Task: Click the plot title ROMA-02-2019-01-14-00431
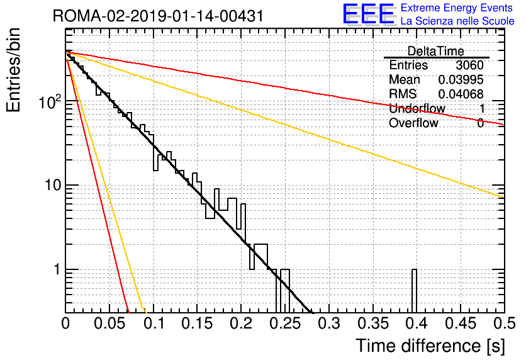(x=158, y=16)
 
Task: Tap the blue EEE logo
(x=368, y=14)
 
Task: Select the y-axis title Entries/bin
(x=13, y=70)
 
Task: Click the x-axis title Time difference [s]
(x=430, y=346)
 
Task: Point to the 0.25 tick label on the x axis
(x=286, y=323)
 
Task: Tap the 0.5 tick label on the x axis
(x=504, y=323)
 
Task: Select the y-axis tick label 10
(x=53, y=185)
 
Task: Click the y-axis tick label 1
(x=57, y=269)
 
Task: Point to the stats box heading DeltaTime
(x=436, y=51)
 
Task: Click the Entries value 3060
(x=469, y=65)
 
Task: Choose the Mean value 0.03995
(x=461, y=79)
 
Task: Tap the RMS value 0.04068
(x=461, y=94)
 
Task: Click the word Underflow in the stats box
(x=417, y=108)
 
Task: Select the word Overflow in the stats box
(x=413, y=123)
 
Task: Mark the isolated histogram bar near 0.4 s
(x=414, y=291)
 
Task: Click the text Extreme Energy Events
(x=457, y=8)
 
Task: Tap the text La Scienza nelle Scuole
(x=457, y=21)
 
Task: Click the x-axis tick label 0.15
(x=198, y=323)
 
